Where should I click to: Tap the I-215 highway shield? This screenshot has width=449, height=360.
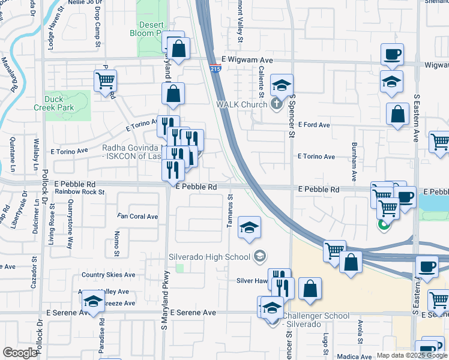click(x=215, y=69)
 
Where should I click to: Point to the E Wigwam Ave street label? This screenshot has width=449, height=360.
click(x=247, y=60)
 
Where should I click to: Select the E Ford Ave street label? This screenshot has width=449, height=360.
click(x=315, y=125)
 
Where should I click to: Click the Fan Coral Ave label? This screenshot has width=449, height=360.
click(x=137, y=217)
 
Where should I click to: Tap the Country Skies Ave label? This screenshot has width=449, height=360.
click(x=109, y=275)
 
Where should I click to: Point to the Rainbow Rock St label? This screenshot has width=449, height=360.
click(x=80, y=192)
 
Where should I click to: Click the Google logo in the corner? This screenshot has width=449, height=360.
click(x=20, y=352)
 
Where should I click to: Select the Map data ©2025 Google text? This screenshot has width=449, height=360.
click(x=412, y=355)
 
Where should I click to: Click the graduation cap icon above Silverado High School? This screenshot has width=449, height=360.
click(x=249, y=228)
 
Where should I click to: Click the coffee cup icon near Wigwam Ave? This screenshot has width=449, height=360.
click(x=392, y=55)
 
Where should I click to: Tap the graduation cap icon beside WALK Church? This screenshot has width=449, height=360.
click(x=280, y=86)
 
